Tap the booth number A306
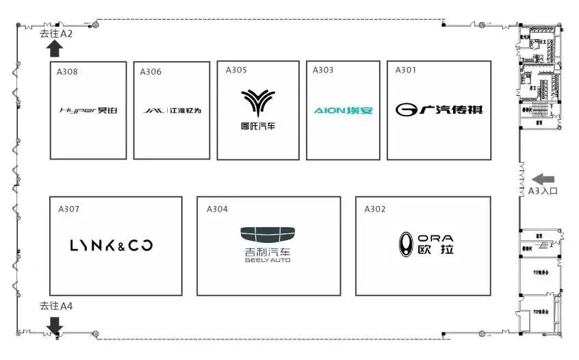coord(151,72)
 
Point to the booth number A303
coord(323,70)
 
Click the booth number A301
coord(405,70)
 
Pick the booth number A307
coord(69,209)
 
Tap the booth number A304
coord(217,209)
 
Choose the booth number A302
coord(375,209)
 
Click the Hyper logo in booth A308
coord(88,110)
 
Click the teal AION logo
coord(343,110)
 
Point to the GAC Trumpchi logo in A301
coord(439,110)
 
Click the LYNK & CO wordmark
coord(112,246)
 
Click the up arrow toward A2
coord(55,48)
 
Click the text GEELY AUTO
coord(268,260)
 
